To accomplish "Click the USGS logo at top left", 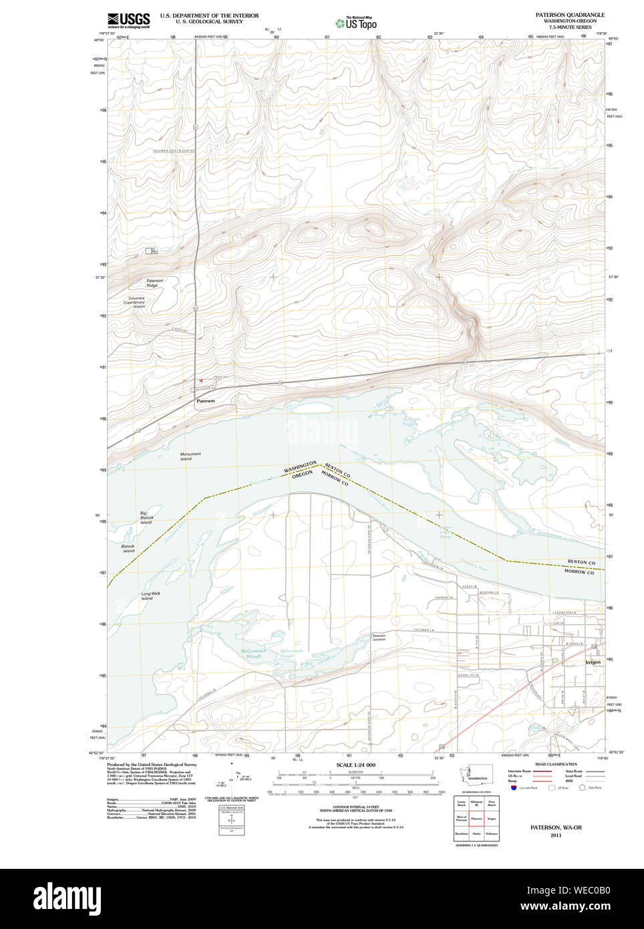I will (128, 19).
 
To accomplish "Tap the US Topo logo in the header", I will (356, 23).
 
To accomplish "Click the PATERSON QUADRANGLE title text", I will (569, 15).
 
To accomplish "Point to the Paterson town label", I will (206, 401).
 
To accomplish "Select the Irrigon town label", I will (593, 662).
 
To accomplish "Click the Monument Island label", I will (190, 456).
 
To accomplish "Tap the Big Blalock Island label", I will (146, 517).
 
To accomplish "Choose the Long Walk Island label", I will (150, 595).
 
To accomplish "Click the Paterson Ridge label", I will (154, 283).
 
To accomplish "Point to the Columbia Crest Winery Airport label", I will (138, 302).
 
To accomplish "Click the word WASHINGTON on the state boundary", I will (300, 467).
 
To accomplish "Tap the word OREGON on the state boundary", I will (303, 474).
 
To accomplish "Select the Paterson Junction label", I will (379, 638).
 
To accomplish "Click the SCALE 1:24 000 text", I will (355, 765).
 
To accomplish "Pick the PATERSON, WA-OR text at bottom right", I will (556, 827).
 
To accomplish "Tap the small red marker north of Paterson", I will (200, 381).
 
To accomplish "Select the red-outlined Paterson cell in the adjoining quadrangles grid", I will (476, 818).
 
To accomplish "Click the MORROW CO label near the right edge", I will (579, 572).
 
